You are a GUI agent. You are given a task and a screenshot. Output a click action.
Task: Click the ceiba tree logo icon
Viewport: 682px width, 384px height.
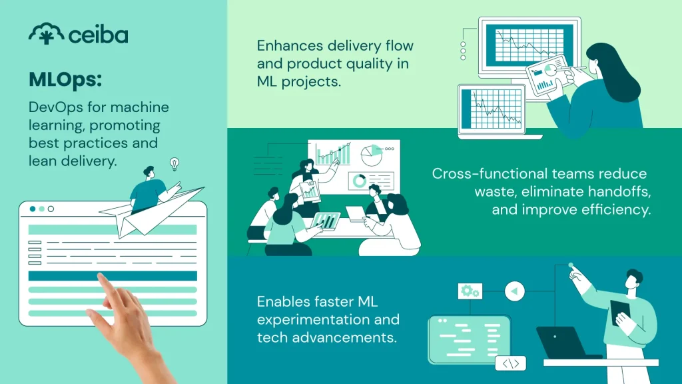point(46,33)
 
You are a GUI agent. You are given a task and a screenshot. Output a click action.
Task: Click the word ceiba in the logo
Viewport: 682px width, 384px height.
point(99,35)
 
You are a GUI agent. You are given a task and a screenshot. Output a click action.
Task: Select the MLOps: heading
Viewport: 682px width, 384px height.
point(65,80)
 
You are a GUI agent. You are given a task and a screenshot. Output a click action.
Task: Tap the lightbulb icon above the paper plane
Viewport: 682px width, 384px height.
point(174,164)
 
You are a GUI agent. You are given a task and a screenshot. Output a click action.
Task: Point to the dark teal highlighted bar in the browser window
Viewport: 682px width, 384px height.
point(113,275)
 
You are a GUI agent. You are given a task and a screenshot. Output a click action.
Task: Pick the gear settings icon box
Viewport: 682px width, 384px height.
point(470,291)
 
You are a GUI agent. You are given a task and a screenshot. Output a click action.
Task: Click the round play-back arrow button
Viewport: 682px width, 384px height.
point(515,291)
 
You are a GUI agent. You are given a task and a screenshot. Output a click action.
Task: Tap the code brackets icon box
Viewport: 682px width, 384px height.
point(511,363)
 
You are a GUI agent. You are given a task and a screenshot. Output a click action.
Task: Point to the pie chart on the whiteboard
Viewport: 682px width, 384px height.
point(372,155)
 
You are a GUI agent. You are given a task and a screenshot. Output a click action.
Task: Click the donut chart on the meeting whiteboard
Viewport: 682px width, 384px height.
point(359,180)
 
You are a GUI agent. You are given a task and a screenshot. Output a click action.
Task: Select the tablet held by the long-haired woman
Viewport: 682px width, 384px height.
point(549,75)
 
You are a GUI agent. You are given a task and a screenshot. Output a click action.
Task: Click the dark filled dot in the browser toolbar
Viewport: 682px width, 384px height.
point(33,209)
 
